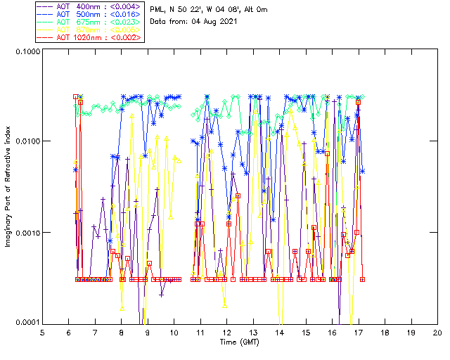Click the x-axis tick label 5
coord(43,332)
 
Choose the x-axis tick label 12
coord(227,332)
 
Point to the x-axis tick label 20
coord(437,332)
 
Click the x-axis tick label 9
coord(148,332)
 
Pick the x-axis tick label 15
coord(306,332)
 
